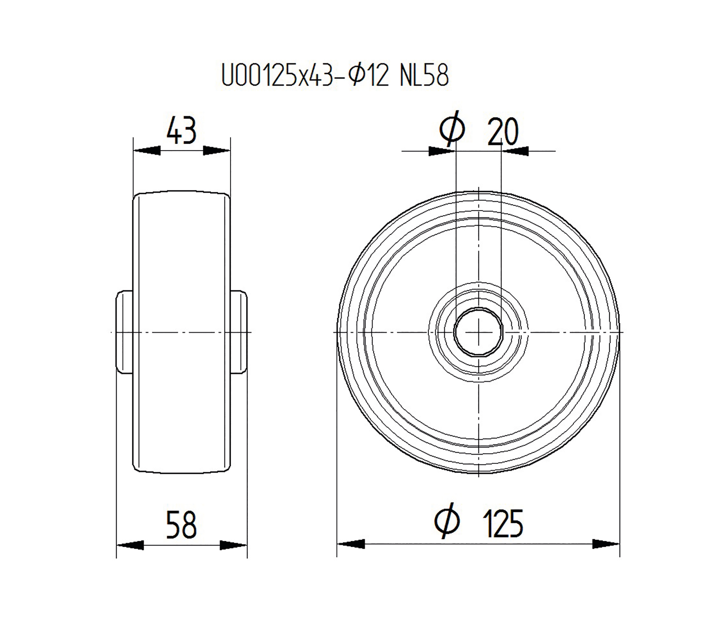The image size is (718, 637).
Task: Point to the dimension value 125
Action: click(x=503, y=524)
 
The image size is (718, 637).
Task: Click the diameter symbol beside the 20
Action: click(x=452, y=129)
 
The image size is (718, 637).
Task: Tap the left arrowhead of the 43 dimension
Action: click(x=147, y=151)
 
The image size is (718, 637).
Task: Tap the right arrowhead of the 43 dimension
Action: click(x=217, y=151)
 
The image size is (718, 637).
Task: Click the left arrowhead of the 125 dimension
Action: click(x=350, y=544)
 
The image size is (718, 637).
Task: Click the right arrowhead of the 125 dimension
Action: click(x=606, y=544)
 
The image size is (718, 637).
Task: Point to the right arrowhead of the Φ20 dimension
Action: click(x=515, y=151)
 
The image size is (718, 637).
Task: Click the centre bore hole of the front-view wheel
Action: click(x=478, y=332)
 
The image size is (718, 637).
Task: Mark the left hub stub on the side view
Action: click(x=124, y=332)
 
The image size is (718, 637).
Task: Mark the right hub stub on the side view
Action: click(x=239, y=332)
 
